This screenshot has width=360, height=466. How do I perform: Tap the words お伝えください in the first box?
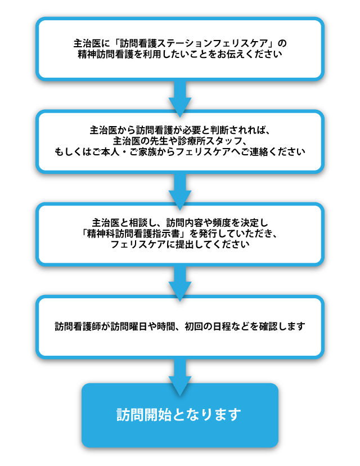point(253,55)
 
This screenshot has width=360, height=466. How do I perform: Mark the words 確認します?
point(281,326)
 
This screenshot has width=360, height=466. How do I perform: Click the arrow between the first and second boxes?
point(180,97)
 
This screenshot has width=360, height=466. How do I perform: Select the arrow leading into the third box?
point(180,190)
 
